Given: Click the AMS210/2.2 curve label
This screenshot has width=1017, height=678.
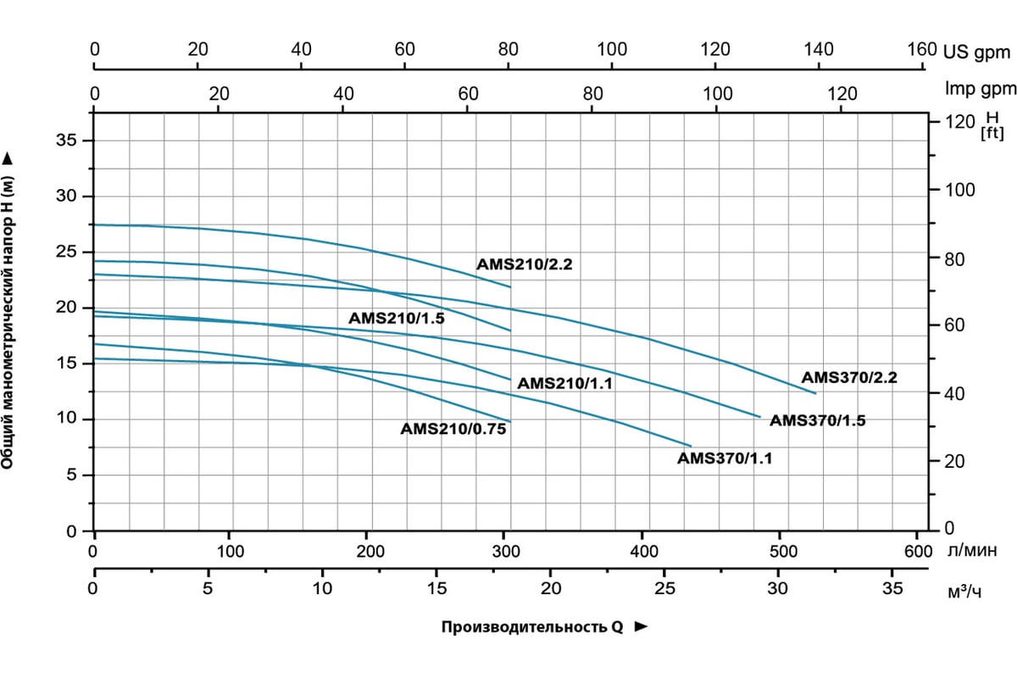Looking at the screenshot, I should [x=525, y=264].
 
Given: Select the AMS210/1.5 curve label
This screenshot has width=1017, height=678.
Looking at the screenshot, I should [x=397, y=319].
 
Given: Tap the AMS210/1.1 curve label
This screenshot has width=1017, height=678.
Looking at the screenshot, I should [x=564, y=384].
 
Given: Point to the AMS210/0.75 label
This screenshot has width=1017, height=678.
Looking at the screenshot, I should [x=453, y=430].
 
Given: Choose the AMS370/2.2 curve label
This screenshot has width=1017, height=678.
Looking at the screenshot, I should [x=849, y=378].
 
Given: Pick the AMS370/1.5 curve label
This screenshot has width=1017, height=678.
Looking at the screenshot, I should [x=818, y=420].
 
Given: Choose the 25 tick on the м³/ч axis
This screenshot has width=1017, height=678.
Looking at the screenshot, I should [x=665, y=587].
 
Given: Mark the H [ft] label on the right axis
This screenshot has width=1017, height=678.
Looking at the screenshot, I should [x=991, y=125].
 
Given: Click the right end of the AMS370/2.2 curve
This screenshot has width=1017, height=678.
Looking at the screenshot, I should [x=815, y=393].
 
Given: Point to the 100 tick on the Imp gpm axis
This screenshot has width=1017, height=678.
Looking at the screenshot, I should [x=717, y=92].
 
